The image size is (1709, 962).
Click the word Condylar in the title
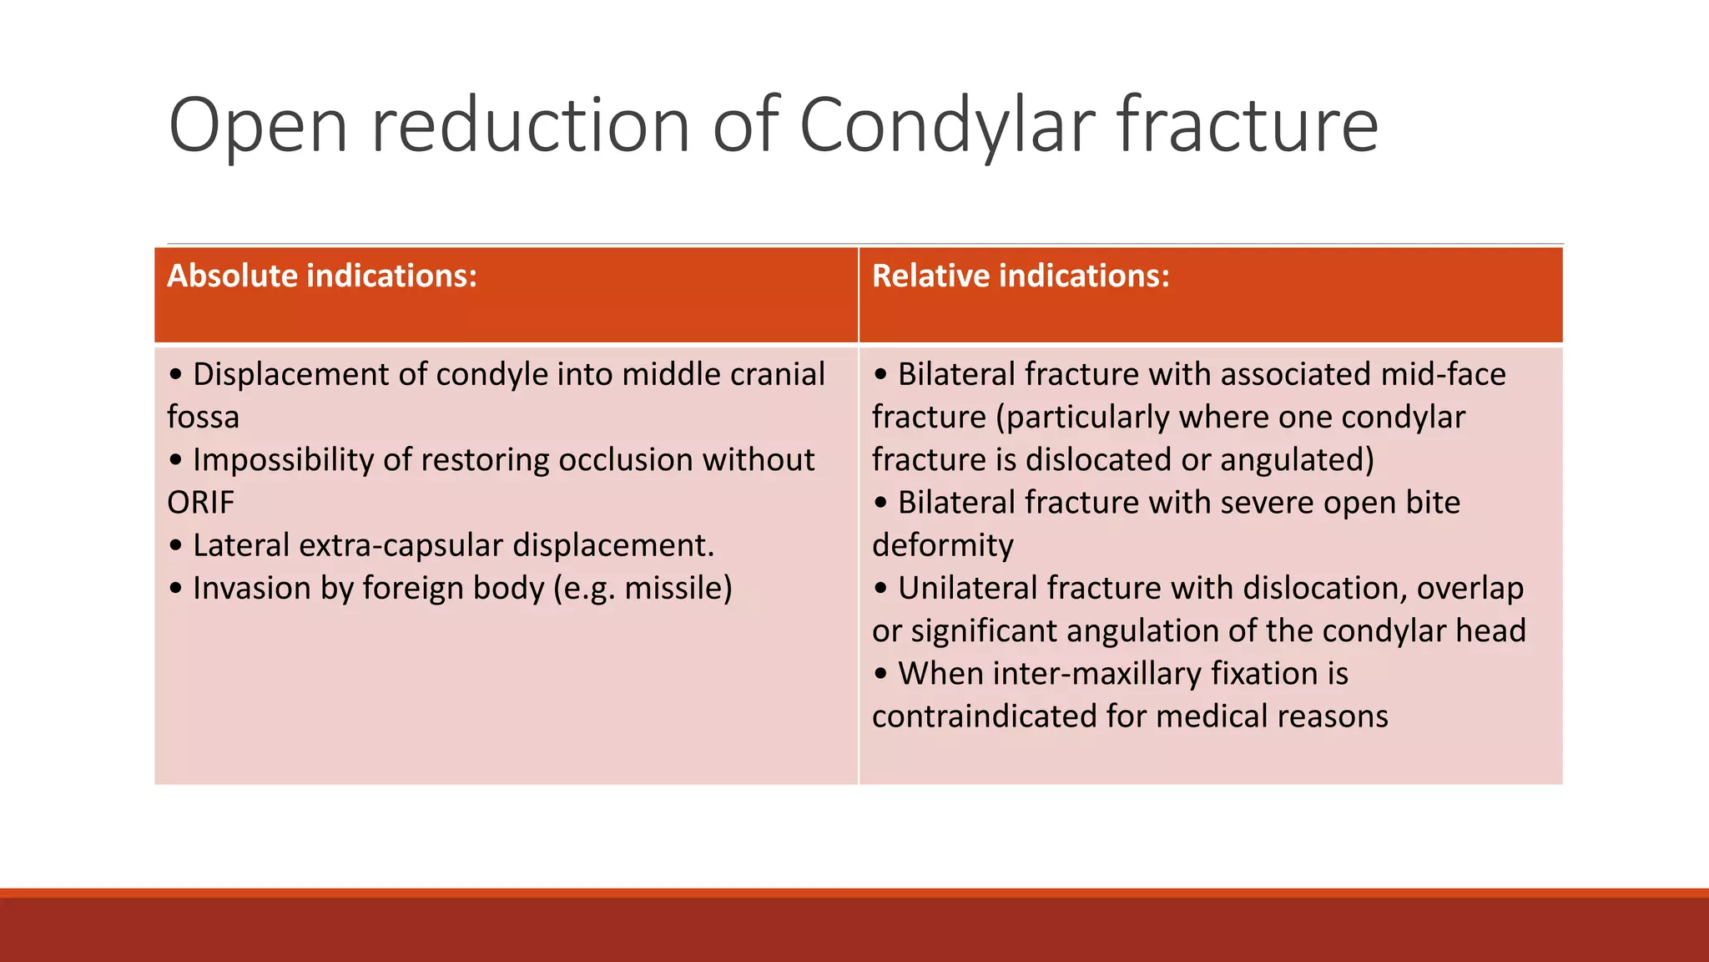click(x=948, y=125)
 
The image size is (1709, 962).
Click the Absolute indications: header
click(x=322, y=276)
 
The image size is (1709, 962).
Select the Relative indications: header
click(x=1021, y=276)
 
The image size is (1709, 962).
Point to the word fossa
click(x=203, y=418)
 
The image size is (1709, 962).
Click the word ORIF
click(x=200, y=503)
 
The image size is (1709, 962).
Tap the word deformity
click(x=942, y=546)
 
